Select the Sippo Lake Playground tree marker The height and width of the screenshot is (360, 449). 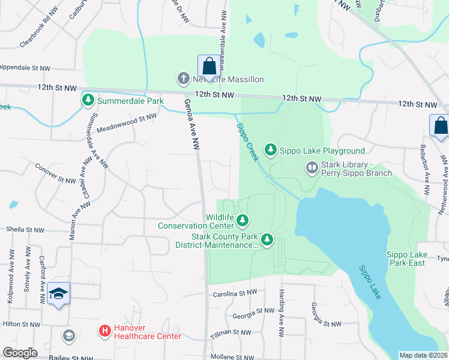coord(271,150)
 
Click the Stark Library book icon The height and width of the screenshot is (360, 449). coord(312,167)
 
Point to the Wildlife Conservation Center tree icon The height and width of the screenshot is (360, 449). coord(243,221)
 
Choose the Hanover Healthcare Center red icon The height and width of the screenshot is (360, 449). coord(104,331)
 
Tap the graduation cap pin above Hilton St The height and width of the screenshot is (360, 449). coord(59,294)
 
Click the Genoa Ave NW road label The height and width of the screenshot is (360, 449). coord(191,125)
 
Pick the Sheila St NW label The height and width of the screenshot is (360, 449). coord(25,229)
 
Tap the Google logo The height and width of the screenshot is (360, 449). coord(20,353)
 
